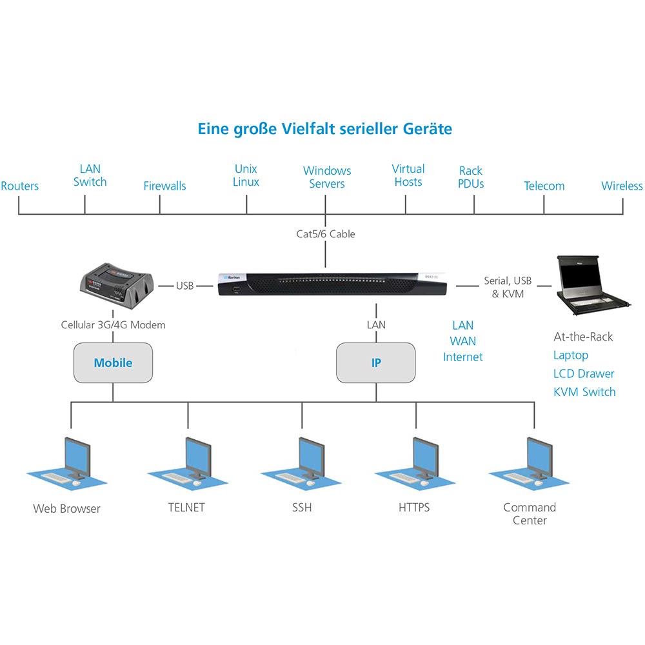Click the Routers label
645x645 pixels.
click(20, 186)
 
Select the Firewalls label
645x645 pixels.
click(164, 186)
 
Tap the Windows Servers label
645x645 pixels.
click(327, 177)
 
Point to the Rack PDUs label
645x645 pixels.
click(471, 177)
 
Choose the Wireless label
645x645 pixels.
click(622, 186)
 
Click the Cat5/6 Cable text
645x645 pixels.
click(325, 234)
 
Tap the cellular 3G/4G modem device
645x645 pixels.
click(117, 286)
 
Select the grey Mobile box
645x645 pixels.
click(113, 362)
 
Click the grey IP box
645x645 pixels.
click(376, 362)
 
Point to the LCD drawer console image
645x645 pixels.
click(593, 285)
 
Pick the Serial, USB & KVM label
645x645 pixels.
click(508, 287)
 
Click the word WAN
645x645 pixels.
click(462, 341)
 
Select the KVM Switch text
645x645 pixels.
click(584, 392)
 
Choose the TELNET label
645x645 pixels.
click(186, 508)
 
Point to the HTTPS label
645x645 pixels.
click(414, 508)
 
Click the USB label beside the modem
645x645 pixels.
click(184, 286)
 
